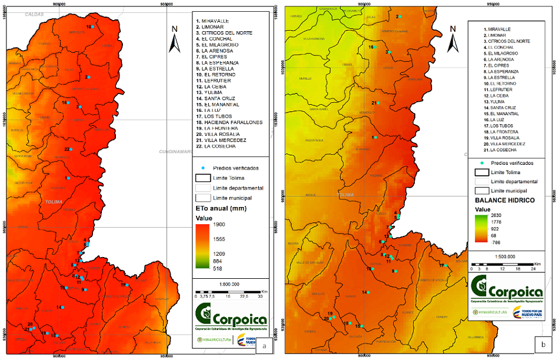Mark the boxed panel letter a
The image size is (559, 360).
tap(264, 346)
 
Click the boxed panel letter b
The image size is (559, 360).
tap(543, 341)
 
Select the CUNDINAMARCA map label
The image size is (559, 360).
tap(177, 152)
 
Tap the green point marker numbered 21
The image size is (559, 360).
tap(378, 103)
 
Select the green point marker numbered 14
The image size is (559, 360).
tap(369, 292)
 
